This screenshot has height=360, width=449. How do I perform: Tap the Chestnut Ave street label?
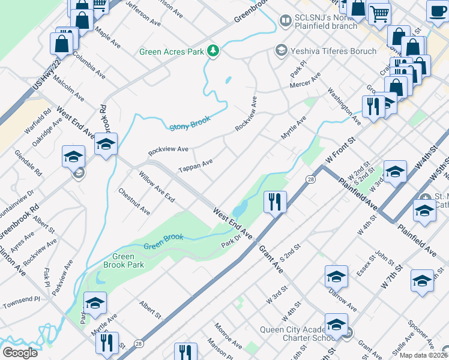click(134, 202)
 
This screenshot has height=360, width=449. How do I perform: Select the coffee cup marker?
click(438, 10)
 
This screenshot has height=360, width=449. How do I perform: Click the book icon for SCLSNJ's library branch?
click(286, 22)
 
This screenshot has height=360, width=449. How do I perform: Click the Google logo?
click(20, 352)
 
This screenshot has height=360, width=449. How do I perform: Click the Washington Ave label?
click(343, 107)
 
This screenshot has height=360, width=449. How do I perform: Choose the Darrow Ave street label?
click(343, 301)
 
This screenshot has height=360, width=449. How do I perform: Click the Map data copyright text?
click(424, 355)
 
